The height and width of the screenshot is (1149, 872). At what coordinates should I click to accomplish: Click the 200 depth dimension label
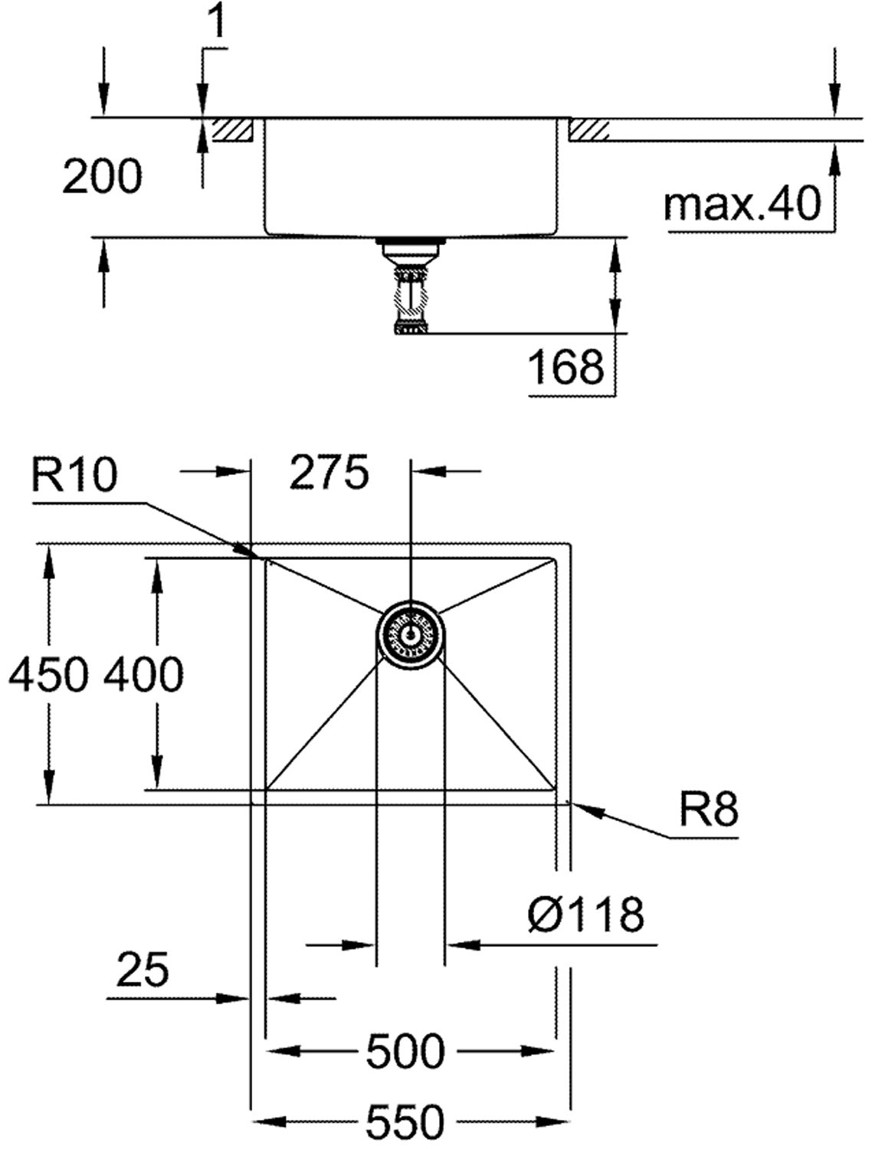[x=102, y=177]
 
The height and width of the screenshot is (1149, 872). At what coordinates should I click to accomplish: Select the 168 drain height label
[x=566, y=367]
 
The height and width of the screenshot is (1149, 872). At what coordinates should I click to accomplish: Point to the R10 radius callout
[x=75, y=476]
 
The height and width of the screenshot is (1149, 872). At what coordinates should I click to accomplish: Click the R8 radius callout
[x=709, y=809]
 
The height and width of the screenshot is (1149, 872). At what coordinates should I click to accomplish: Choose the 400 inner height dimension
[x=144, y=675]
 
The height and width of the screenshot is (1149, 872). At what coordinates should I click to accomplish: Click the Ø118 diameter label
[x=585, y=914]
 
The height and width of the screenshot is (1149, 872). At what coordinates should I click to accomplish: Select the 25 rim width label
[x=143, y=969]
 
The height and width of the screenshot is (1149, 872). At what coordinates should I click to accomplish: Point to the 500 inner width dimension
[x=405, y=1051]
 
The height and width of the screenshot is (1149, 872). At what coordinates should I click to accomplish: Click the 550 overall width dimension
[x=405, y=1122]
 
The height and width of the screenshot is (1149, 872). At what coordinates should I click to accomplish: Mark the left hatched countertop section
[x=232, y=130]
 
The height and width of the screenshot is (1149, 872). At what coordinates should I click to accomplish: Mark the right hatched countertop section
[x=589, y=130]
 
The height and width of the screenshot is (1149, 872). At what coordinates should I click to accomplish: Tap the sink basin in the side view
[x=411, y=176]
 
